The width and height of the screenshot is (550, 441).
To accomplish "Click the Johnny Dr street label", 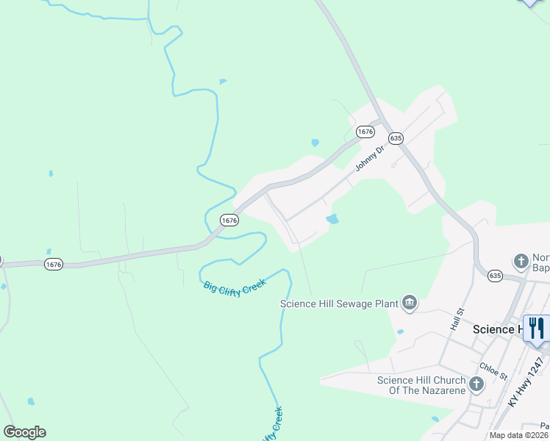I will tap(370, 158).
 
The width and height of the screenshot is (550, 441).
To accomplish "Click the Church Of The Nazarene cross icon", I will tap(476, 384).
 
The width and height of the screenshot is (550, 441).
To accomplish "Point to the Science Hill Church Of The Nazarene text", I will tap(421, 385).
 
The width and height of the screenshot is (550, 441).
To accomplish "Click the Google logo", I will tap(24, 432).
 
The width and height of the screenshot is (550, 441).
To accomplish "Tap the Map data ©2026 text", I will tap(518, 435).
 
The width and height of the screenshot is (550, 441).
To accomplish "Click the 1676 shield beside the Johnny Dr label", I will tap(365, 132).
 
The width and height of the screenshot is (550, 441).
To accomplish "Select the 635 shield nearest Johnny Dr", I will tap(396, 137).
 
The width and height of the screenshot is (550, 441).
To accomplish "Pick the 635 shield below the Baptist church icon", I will tap(494, 276).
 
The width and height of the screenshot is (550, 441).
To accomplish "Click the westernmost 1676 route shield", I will tap(52, 263).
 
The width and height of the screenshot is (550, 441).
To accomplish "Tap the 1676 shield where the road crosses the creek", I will tap(229, 220).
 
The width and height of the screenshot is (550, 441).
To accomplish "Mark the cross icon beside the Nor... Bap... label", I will tap(521, 261).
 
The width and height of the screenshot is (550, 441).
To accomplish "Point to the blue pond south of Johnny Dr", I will tap(332, 219).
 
